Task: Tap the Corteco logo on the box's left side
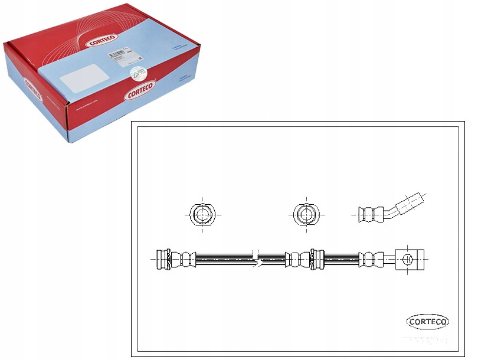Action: (32, 92)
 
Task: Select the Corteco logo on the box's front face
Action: (140, 91)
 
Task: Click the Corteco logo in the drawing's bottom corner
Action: (428, 322)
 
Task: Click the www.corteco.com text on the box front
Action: (89, 109)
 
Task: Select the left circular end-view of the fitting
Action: (202, 213)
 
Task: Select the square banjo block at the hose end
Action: (410, 259)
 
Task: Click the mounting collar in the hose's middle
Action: (315, 259)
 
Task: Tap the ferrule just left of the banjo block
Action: (370, 259)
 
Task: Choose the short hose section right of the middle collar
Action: (342, 259)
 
